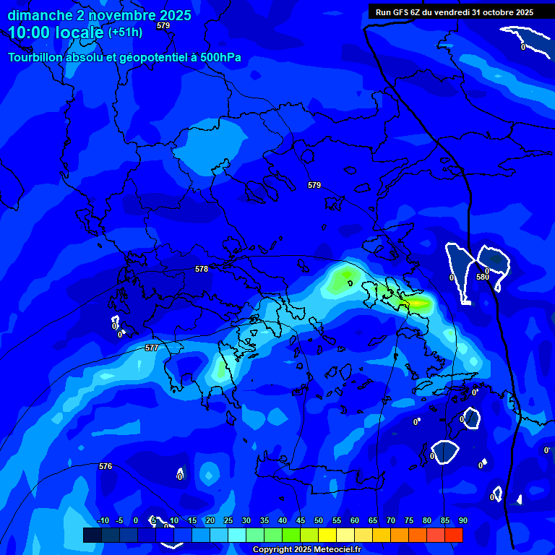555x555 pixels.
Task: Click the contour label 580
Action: (x=483, y=277)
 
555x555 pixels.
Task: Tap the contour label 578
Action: (x=202, y=269)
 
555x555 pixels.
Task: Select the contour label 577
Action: (x=152, y=348)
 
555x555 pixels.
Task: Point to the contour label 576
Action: (x=106, y=466)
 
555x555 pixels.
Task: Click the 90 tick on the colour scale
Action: (x=462, y=520)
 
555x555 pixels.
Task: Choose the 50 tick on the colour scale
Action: (x=318, y=520)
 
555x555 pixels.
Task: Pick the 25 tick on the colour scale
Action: (x=228, y=520)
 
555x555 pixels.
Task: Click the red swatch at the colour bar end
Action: (x=454, y=535)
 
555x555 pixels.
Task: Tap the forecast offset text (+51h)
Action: (x=125, y=33)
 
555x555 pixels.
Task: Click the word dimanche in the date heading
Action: (x=40, y=15)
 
